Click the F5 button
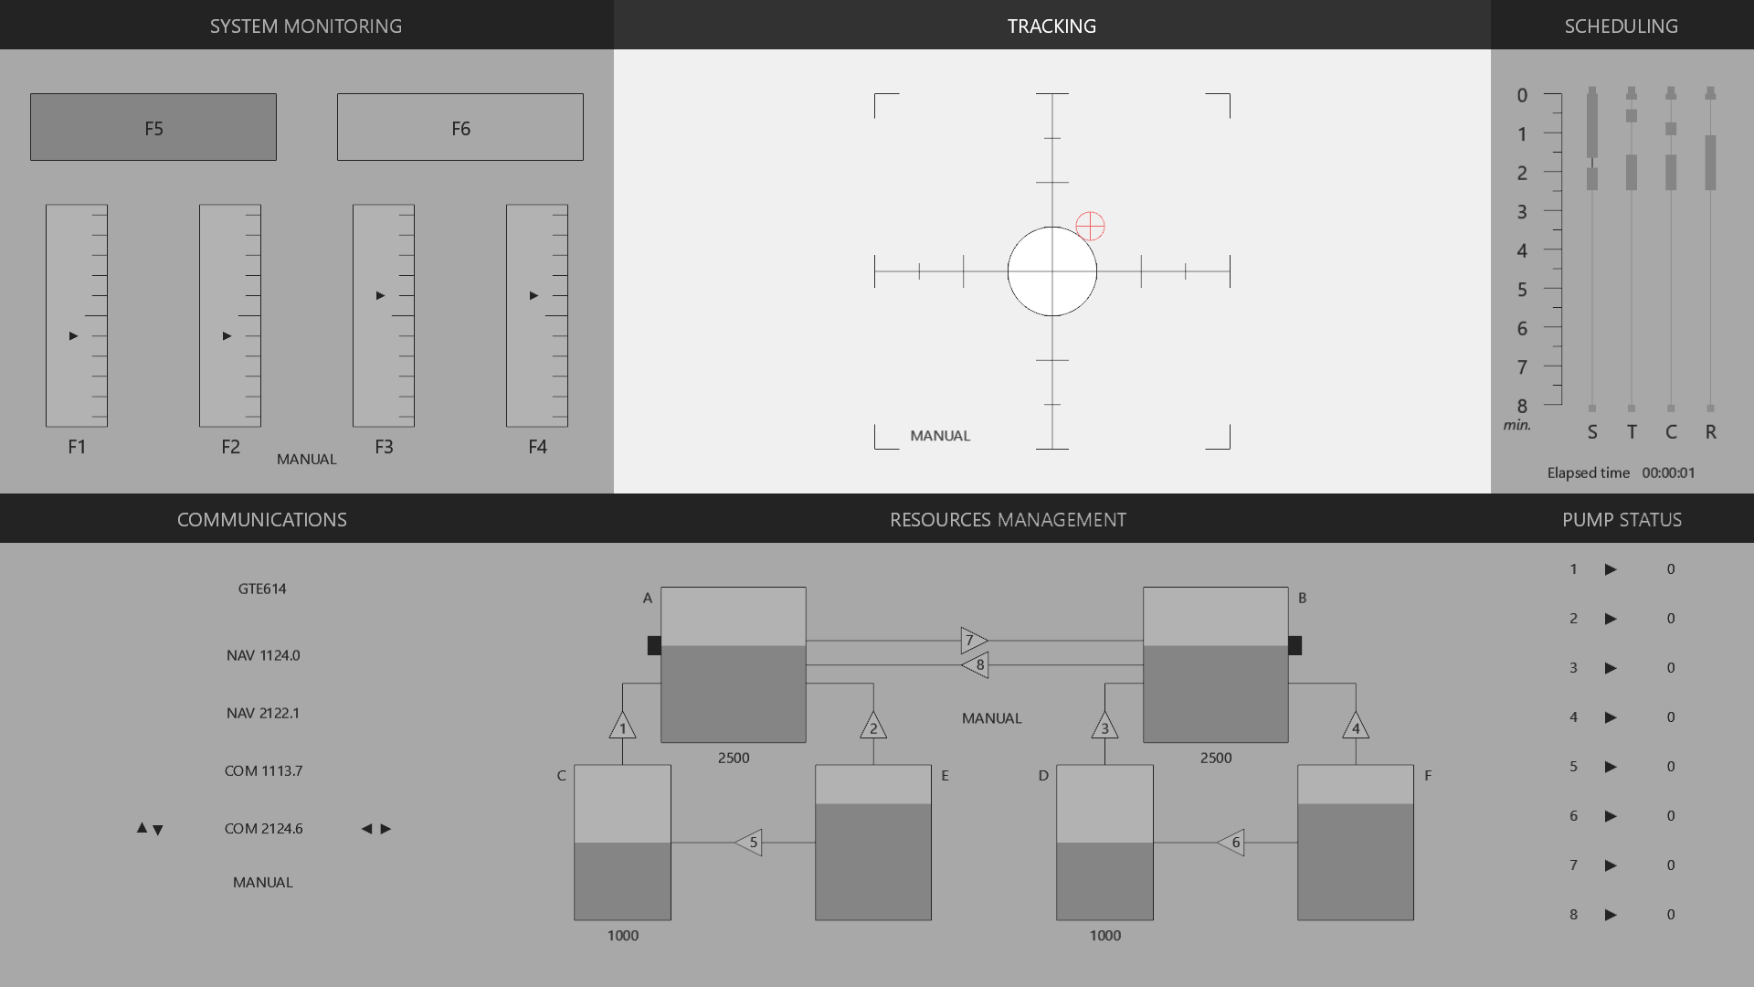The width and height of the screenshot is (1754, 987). [153, 127]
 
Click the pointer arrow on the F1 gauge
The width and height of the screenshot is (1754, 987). [73, 336]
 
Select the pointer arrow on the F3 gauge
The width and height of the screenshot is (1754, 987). [380, 295]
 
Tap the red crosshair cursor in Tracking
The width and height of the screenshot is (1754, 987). [1090, 226]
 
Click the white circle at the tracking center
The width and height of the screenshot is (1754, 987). [1052, 271]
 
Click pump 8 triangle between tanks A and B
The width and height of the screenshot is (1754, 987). [975, 664]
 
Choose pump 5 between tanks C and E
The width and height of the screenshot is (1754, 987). [748, 843]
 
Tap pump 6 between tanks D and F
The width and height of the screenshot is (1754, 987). [1231, 843]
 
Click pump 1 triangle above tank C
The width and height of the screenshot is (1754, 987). [623, 726]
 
